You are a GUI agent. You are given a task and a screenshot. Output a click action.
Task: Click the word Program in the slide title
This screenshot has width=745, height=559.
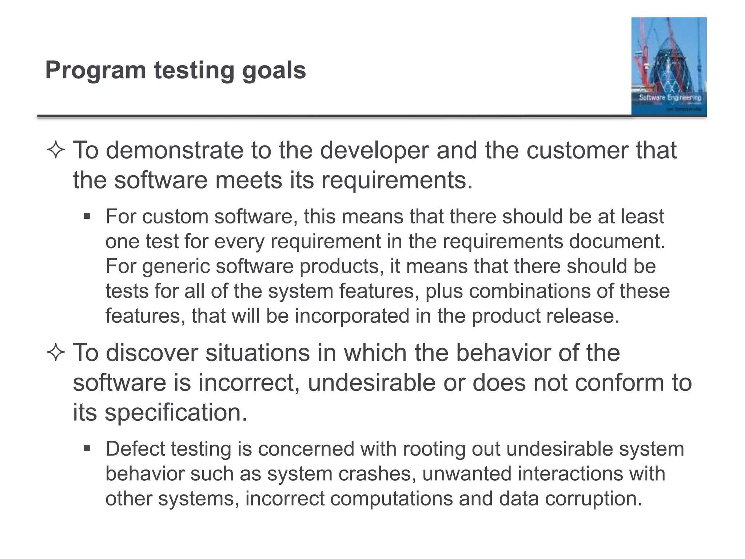click(95, 71)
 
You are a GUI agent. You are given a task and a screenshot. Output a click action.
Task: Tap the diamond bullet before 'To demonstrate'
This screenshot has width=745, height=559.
click(56, 150)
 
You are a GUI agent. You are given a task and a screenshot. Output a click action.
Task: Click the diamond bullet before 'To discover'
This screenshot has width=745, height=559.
click(56, 353)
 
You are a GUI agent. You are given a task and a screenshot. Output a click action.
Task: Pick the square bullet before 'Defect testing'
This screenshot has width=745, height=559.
click(87, 449)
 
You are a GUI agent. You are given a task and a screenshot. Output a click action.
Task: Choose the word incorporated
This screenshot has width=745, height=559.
click(352, 316)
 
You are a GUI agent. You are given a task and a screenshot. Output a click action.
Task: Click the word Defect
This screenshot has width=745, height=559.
click(135, 449)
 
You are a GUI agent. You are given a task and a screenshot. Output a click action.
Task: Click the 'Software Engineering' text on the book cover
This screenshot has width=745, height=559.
click(670, 98)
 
